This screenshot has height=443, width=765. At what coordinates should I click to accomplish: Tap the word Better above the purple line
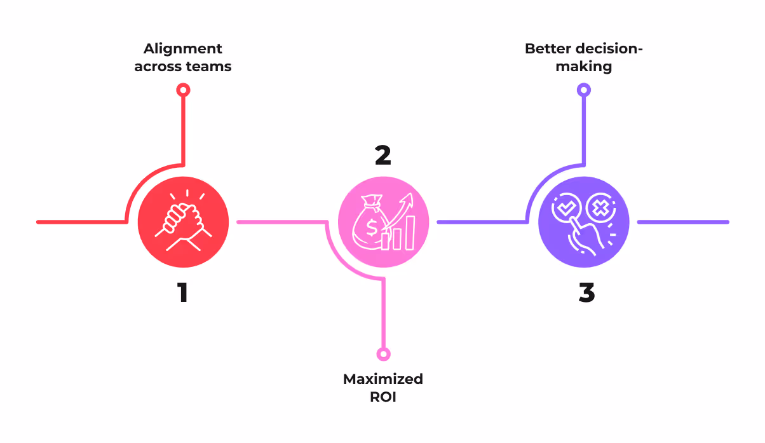(548, 49)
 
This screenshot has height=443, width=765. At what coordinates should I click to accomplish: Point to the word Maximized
(383, 379)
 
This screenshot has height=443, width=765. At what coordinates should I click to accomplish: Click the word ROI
(382, 397)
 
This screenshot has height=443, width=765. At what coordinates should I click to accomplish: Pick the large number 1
(183, 292)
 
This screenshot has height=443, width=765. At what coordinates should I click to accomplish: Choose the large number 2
(382, 156)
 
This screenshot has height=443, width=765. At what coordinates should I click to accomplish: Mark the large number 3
(586, 292)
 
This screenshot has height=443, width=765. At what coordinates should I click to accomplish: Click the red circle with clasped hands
(183, 222)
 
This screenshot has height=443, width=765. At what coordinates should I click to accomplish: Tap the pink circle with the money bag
(383, 222)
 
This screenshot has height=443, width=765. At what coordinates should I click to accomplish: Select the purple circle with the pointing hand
(583, 222)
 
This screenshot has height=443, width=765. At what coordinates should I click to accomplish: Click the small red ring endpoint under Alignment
(183, 90)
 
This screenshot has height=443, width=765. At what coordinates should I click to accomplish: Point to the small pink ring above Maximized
(383, 354)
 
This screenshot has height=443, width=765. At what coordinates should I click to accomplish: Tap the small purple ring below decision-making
(583, 90)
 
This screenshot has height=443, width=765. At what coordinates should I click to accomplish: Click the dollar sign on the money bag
(370, 226)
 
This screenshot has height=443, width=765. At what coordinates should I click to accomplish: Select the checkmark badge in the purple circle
(564, 208)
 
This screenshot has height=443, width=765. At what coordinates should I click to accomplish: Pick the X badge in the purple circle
(599, 208)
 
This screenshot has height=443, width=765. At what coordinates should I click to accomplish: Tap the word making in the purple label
(583, 66)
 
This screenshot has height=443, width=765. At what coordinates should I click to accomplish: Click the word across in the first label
(156, 66)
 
